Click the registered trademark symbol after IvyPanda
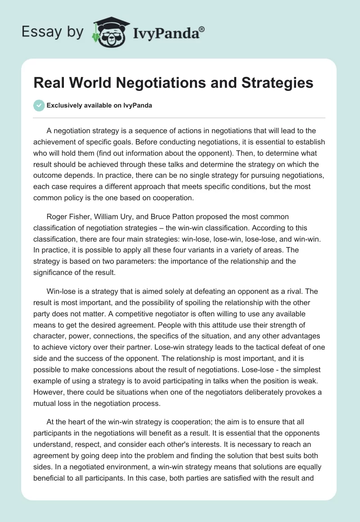(202, 30)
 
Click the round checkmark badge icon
(39, 105)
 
